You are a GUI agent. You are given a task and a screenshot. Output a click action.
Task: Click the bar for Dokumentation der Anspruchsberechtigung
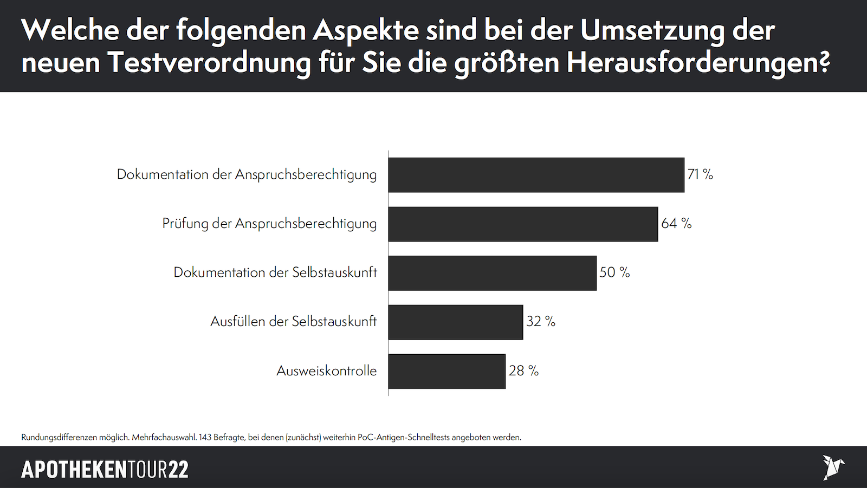pos(536,175)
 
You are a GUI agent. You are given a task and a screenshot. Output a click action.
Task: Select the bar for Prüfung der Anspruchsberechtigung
pos(523,224)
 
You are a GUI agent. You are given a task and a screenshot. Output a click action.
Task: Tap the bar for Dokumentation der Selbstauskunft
pos(492,273)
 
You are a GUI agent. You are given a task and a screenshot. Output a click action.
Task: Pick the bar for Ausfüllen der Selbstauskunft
pos(456,322)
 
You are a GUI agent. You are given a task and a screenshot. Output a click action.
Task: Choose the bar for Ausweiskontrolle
pos(447,371)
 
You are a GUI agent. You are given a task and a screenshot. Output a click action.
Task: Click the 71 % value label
pos(700,174)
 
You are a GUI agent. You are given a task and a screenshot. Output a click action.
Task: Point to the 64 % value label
pos(676,224)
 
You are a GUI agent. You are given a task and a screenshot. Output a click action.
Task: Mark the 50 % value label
pos(614,272)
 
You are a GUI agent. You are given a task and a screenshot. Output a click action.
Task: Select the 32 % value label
pos(541,322)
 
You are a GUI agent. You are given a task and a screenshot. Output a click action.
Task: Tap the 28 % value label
pos(523,371)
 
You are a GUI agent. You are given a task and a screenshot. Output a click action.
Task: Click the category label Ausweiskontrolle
pos(326,371)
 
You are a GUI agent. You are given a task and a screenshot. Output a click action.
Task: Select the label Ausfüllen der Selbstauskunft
pos(293,322)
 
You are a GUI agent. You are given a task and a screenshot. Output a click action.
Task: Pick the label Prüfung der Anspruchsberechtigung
pos(269,224)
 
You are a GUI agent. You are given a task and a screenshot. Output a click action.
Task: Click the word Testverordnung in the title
pos(209,63)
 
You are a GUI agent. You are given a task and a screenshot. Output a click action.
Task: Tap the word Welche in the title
pos(70,30)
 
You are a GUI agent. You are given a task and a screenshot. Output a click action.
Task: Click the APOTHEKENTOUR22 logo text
pos(105,470)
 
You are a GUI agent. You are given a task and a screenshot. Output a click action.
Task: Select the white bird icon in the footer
pos(833,467)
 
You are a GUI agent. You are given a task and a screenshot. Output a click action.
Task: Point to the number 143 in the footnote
pos(205,437)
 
